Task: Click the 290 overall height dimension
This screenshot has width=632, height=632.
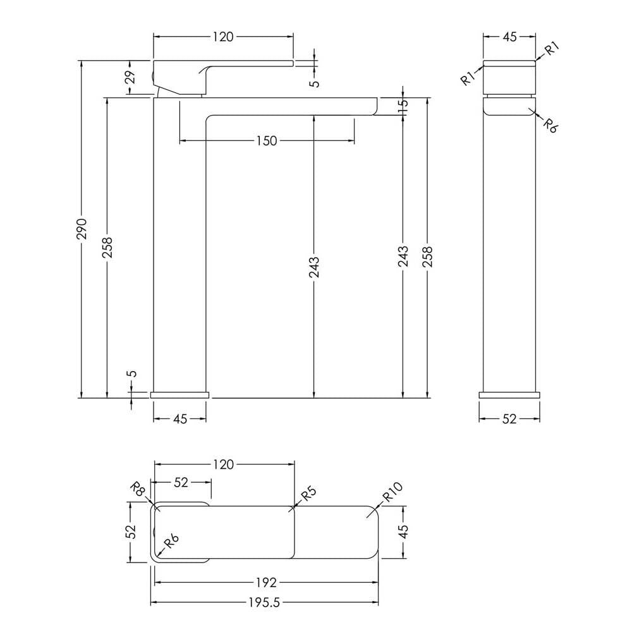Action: click(82, 229)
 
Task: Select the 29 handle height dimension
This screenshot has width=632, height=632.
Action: click(130, 76)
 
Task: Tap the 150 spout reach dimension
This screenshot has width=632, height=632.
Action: click(267, 141)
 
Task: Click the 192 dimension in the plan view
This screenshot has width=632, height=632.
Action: click(267, 582)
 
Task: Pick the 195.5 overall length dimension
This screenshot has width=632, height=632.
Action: click(264, 602)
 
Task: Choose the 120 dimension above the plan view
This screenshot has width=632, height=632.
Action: click(223, 465)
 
